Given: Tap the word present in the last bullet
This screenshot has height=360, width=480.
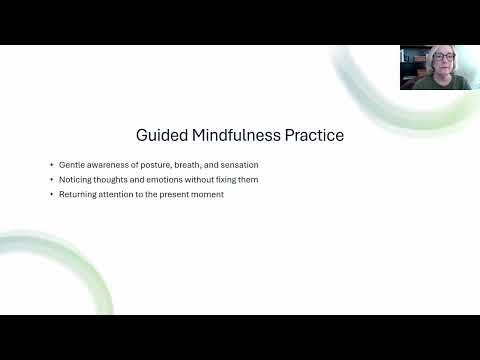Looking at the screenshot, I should tap(173, 193).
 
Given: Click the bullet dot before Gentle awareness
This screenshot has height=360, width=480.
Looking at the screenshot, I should tap(50, 163).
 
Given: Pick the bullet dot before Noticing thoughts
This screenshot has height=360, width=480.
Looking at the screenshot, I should tap(50, 178).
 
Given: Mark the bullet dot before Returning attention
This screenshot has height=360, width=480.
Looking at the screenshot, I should tap(50, 193).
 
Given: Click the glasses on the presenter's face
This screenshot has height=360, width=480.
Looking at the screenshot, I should tap(439, 60).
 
